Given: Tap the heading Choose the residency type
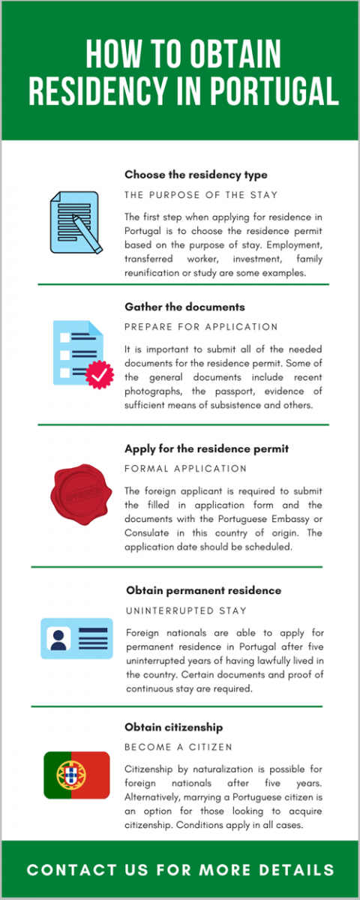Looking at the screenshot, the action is point(195,175).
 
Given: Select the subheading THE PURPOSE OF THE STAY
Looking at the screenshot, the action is point(201,195).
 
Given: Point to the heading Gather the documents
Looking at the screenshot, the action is point(184,307).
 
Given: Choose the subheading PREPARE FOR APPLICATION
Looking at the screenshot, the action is point(201,327).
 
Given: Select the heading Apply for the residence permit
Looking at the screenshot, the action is point(206,449).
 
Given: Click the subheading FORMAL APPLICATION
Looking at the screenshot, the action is point(185,469).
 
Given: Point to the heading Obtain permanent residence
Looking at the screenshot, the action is point(203,590).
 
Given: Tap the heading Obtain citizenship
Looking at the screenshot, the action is point(174,727).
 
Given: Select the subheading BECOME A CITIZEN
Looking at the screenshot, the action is point(178,747).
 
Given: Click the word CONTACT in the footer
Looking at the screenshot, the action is point(67,870).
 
